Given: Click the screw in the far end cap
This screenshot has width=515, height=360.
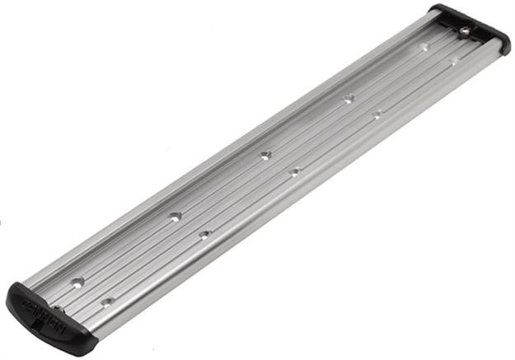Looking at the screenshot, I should click(x=466, y=31).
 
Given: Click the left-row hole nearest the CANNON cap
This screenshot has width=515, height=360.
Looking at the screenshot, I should click(x=77, y=282).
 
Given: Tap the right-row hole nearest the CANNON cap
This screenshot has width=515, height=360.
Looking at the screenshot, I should click(x=106, y=302).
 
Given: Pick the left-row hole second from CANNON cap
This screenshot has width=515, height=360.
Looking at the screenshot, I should click(x=175, y=217).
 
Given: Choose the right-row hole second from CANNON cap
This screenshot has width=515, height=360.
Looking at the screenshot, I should click(x=204, y=235).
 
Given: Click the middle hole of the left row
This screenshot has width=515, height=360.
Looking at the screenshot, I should click(x=265, y=154).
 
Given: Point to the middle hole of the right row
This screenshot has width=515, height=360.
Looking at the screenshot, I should click(x=294, y=171).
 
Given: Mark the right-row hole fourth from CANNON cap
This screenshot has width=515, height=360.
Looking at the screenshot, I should click(x=377, y=115).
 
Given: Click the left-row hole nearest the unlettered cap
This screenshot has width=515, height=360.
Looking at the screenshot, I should click(x=425, y=47).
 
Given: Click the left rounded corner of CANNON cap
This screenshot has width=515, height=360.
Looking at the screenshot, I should click(x=12, y=293).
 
